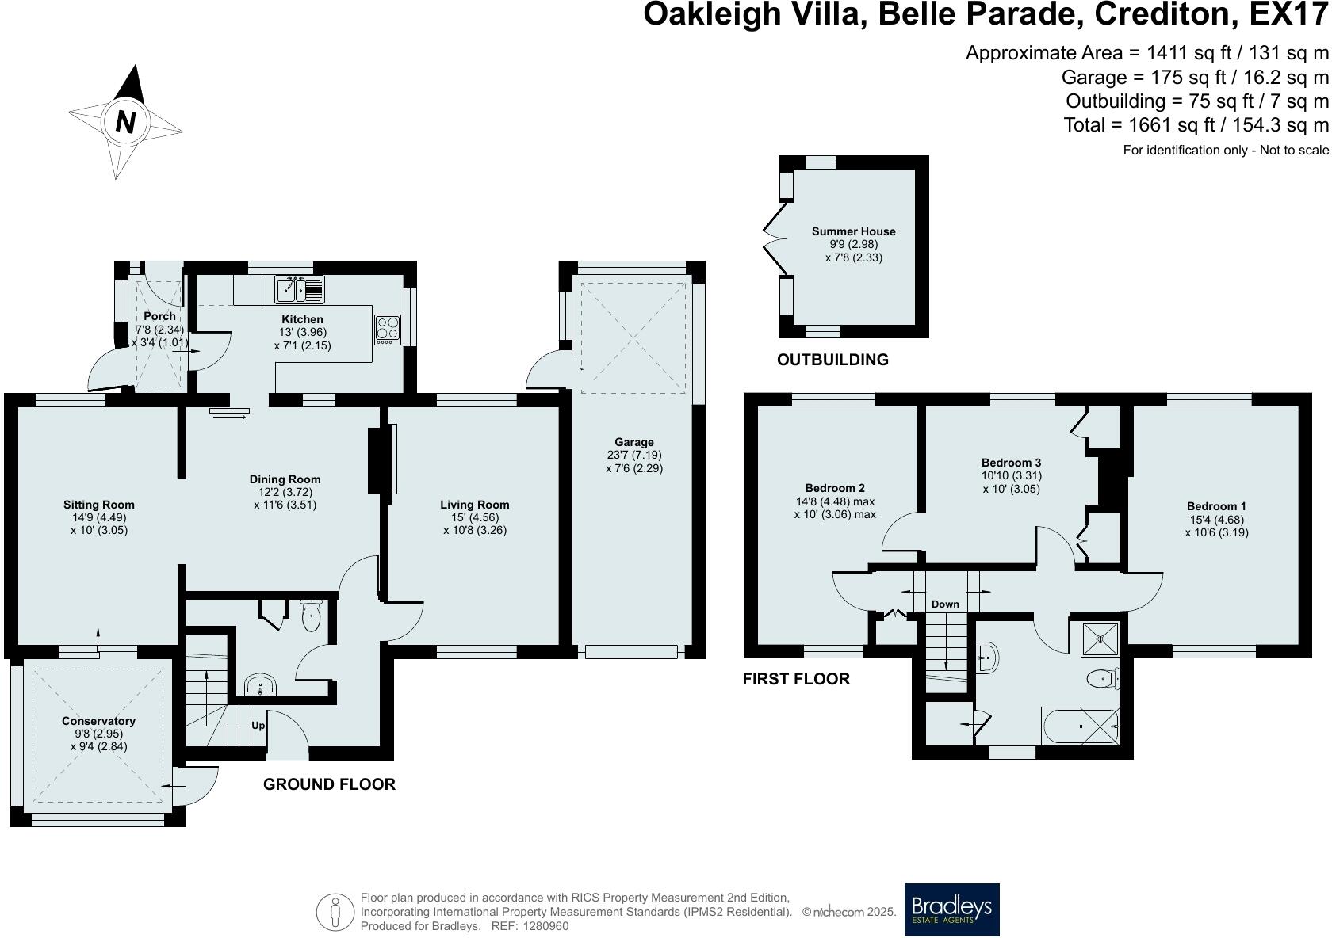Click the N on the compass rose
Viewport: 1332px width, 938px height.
pos(125,122)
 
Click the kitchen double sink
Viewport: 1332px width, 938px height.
pos(300,289)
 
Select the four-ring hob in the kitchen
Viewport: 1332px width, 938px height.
pos(387,328)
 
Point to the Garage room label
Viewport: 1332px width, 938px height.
pos(633,442)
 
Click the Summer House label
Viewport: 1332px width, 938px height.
pos(853,231)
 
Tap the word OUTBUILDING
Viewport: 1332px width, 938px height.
pos(832,360)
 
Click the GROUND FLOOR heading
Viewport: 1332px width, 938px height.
pos(329,784)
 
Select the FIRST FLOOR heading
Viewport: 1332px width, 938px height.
pos(796,679)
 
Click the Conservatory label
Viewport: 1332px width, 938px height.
pos(98,721)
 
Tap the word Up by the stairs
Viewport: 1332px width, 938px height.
pos(258,726)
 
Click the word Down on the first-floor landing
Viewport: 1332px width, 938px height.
pos(945,604)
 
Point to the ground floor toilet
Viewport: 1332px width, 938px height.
pos(311,616)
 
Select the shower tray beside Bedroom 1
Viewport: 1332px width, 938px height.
pos(1101,636)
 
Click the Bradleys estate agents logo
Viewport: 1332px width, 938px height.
pos(951,909)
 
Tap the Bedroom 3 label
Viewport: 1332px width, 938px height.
pos(1011,463)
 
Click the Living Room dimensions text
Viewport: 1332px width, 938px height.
pos(474,524)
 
